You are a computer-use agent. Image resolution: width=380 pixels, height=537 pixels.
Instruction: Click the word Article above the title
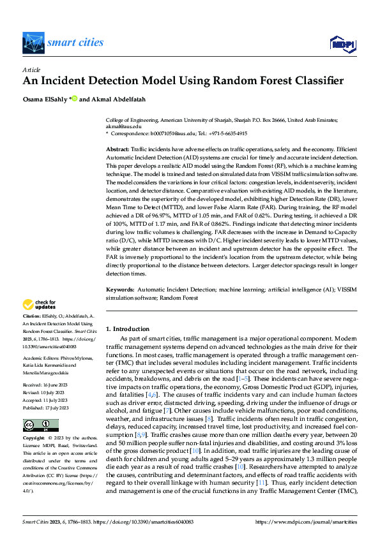pos(31,70)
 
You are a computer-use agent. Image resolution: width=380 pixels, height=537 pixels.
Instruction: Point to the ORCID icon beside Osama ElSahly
pos(74,98)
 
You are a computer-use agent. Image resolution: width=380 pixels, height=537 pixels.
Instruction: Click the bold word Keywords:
pos(121,290)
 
